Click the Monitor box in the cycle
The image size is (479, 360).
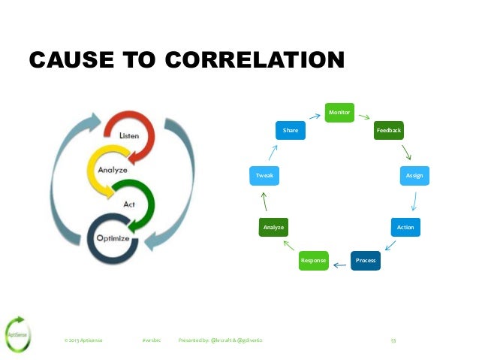click(339, 113)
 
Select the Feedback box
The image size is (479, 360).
click(389, 131)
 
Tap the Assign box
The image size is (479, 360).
click(414, 175)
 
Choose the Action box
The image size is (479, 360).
click(405, 226)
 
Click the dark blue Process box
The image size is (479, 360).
click(366, 260)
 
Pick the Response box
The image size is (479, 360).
click(313, 260)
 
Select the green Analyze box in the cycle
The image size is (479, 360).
click(273, 226)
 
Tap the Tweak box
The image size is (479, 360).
click(264, 175)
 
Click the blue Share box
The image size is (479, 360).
click(291, 131)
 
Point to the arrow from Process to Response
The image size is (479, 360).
click(339, 263)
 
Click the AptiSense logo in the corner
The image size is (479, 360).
click(18, 331)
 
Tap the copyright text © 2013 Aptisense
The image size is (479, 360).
click(84, 340)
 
